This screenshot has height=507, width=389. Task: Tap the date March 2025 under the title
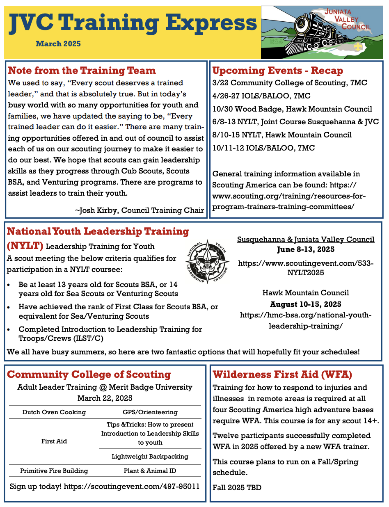click(x=58, y=44)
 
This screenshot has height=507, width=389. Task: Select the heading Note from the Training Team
click(x=82, y=71)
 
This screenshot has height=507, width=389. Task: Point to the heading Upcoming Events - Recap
click(x=277, y=71)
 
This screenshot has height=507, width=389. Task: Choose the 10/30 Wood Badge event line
click(x=292, y=109)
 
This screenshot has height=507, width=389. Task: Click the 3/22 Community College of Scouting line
click(x=290, y=83)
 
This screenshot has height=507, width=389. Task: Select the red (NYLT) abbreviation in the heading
click(x=25, y=246)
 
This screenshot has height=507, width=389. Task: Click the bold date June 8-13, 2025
click(x=305, y=249)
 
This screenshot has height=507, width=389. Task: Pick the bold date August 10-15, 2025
click(x=305, y=304)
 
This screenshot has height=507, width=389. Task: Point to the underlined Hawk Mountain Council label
click(x=306, y=293)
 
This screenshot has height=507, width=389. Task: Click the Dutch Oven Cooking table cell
click(x=54, y=412)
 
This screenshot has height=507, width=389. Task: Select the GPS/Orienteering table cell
click(x=150, y=412)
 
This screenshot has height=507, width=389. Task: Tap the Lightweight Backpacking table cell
click(x=150, y=457)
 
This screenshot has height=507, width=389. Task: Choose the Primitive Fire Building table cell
click(x=54, y=471)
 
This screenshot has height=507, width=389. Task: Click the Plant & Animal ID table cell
click(x=150, y=471)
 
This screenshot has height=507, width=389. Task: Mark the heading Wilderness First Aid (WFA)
click(x=282, y=375)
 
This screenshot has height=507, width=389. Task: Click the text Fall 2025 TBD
click(x=237, y=488)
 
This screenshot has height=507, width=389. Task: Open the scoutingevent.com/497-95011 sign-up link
click(x=131, y=486)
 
